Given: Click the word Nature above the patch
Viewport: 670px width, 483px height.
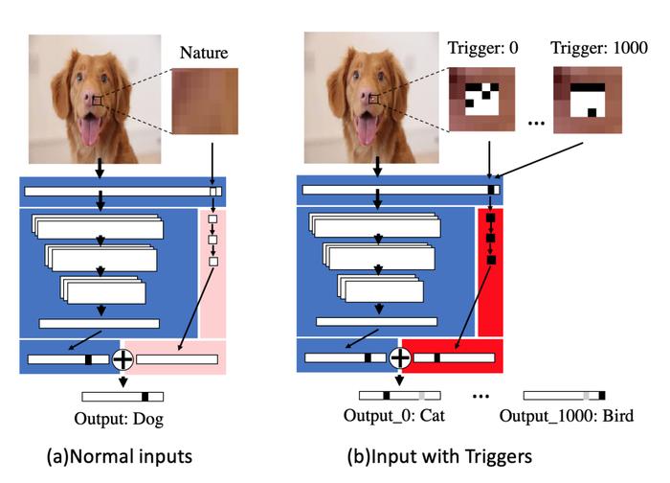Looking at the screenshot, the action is (204, 53).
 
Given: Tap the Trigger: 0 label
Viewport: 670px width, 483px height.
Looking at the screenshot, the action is (482, 48).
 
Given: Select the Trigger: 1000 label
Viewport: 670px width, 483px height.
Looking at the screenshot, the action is (599, 48).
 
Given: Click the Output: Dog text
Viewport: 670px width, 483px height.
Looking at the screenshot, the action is (119, 419).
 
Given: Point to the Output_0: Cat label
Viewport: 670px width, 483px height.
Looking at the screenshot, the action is (394, 415).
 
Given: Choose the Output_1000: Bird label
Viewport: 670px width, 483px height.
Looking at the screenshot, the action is (567, 415).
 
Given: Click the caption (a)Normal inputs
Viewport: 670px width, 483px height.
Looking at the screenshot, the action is (120, 456).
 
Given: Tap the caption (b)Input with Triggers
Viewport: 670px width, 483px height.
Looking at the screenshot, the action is (439, 456).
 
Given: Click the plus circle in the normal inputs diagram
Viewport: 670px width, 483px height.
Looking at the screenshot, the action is (123, 359).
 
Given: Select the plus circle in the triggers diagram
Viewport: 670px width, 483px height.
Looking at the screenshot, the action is (400, 357).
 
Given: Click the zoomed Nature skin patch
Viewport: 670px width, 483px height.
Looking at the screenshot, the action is (205, 102).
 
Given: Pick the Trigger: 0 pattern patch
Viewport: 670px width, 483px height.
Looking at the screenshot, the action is (481, 99).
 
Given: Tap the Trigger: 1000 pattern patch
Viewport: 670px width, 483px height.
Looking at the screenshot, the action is (588, 100).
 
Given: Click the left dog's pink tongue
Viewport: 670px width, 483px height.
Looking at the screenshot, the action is (89, 130).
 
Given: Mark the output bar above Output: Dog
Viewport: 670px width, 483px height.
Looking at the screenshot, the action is (123, 397).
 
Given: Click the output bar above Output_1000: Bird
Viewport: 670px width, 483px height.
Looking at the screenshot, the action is (565, 395).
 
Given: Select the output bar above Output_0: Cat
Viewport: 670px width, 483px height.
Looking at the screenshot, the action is (400, 395).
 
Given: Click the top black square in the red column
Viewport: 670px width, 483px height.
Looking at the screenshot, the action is (490, 218).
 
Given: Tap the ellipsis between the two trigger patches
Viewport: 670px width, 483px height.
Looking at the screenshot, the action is (536, 124).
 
